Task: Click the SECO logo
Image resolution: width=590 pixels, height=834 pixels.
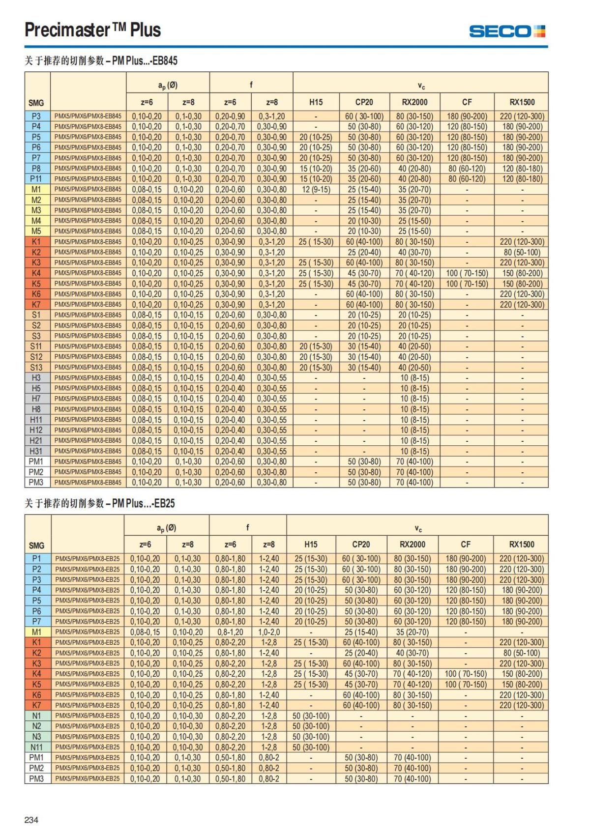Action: (x=507, y=31)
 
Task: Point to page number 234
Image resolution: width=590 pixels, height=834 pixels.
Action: (x=31, y=820)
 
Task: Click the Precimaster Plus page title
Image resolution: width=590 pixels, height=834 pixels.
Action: (x=93, y=30)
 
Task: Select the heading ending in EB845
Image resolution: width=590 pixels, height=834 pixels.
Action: (x=101, y=61)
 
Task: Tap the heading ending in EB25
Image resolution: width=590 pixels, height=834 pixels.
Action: (x=100, y=503)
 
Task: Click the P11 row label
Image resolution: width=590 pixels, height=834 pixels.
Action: (x=36, y=179)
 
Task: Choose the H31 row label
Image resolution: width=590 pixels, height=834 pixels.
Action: (x=36, y=451)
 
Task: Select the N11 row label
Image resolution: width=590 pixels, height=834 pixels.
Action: (x=36, y=747)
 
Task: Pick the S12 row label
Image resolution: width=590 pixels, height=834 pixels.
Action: (x=36, y=357)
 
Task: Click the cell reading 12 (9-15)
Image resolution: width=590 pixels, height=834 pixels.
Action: (x=316, y=189)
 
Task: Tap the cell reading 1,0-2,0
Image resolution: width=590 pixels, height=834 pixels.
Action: (x=269, y=632)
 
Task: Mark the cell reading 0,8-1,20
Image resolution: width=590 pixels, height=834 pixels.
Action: (x=230, y=632)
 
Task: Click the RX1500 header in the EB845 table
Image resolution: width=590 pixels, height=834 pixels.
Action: (x=522, y=102)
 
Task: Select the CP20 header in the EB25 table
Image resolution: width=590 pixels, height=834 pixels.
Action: (x=361, y=545)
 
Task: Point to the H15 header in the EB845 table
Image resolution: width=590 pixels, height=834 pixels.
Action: (x=316, y=102)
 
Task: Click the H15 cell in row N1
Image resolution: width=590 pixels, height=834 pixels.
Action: (x=311, y=716)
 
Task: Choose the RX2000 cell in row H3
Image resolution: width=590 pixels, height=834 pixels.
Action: (x=414, y=378)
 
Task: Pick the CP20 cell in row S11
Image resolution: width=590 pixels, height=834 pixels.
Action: (x=364, y=346)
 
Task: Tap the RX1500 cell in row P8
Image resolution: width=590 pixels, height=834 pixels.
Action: (x=522, y=169)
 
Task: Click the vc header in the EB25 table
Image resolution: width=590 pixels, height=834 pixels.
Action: (x=417, y=529)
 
